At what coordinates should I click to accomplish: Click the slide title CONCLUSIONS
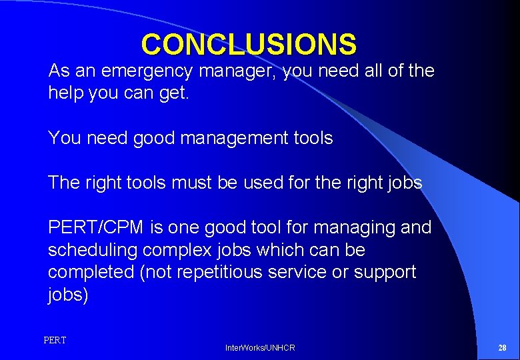click(249, 45)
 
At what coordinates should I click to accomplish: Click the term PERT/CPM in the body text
click(95, 228)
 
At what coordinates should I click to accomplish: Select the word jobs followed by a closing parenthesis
click(67, 295)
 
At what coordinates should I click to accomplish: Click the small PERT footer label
click(55, 341)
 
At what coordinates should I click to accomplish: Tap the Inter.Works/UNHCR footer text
click(260, 348)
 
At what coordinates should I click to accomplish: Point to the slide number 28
click(502, 348)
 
